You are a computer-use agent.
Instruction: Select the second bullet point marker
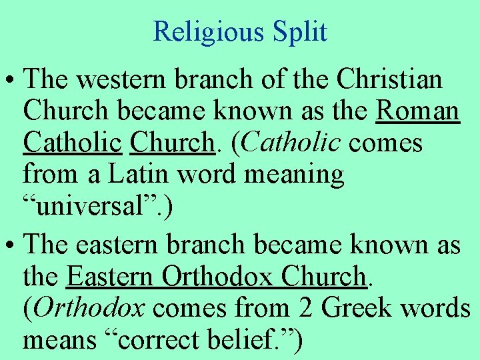11,246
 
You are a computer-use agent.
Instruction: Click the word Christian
389,79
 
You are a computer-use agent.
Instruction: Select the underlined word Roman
418,111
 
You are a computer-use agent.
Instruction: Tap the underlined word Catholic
73,143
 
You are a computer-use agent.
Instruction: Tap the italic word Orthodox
89,309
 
